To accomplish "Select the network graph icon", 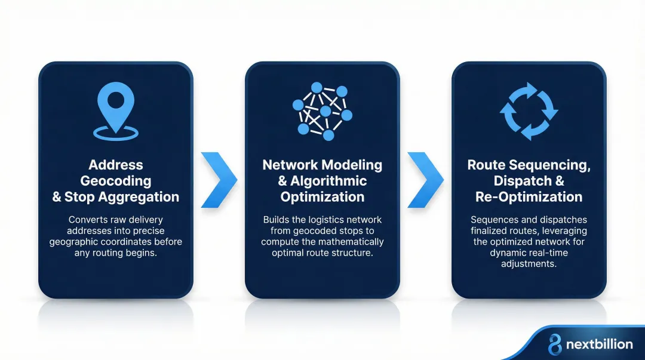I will click(x=322, y=111).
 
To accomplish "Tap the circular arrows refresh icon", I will click(x=529, y=111).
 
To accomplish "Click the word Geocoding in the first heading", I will click(x=115, y=181).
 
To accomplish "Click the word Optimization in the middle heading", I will click(x=322, y=197).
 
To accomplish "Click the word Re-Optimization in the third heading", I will click(x=529, y=197).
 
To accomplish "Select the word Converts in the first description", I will click(x=88, y=220).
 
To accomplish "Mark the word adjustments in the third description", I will click(x=529, y=263).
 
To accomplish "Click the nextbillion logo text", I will click(x=598, y=344).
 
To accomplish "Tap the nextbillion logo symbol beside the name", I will click(x=555, y=344).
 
